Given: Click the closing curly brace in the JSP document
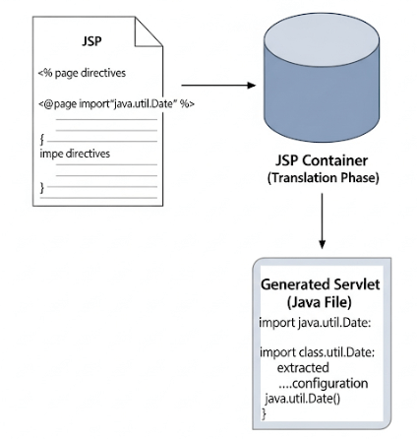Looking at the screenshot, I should coord(40,187).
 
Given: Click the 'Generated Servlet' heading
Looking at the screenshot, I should coord(320,284).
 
